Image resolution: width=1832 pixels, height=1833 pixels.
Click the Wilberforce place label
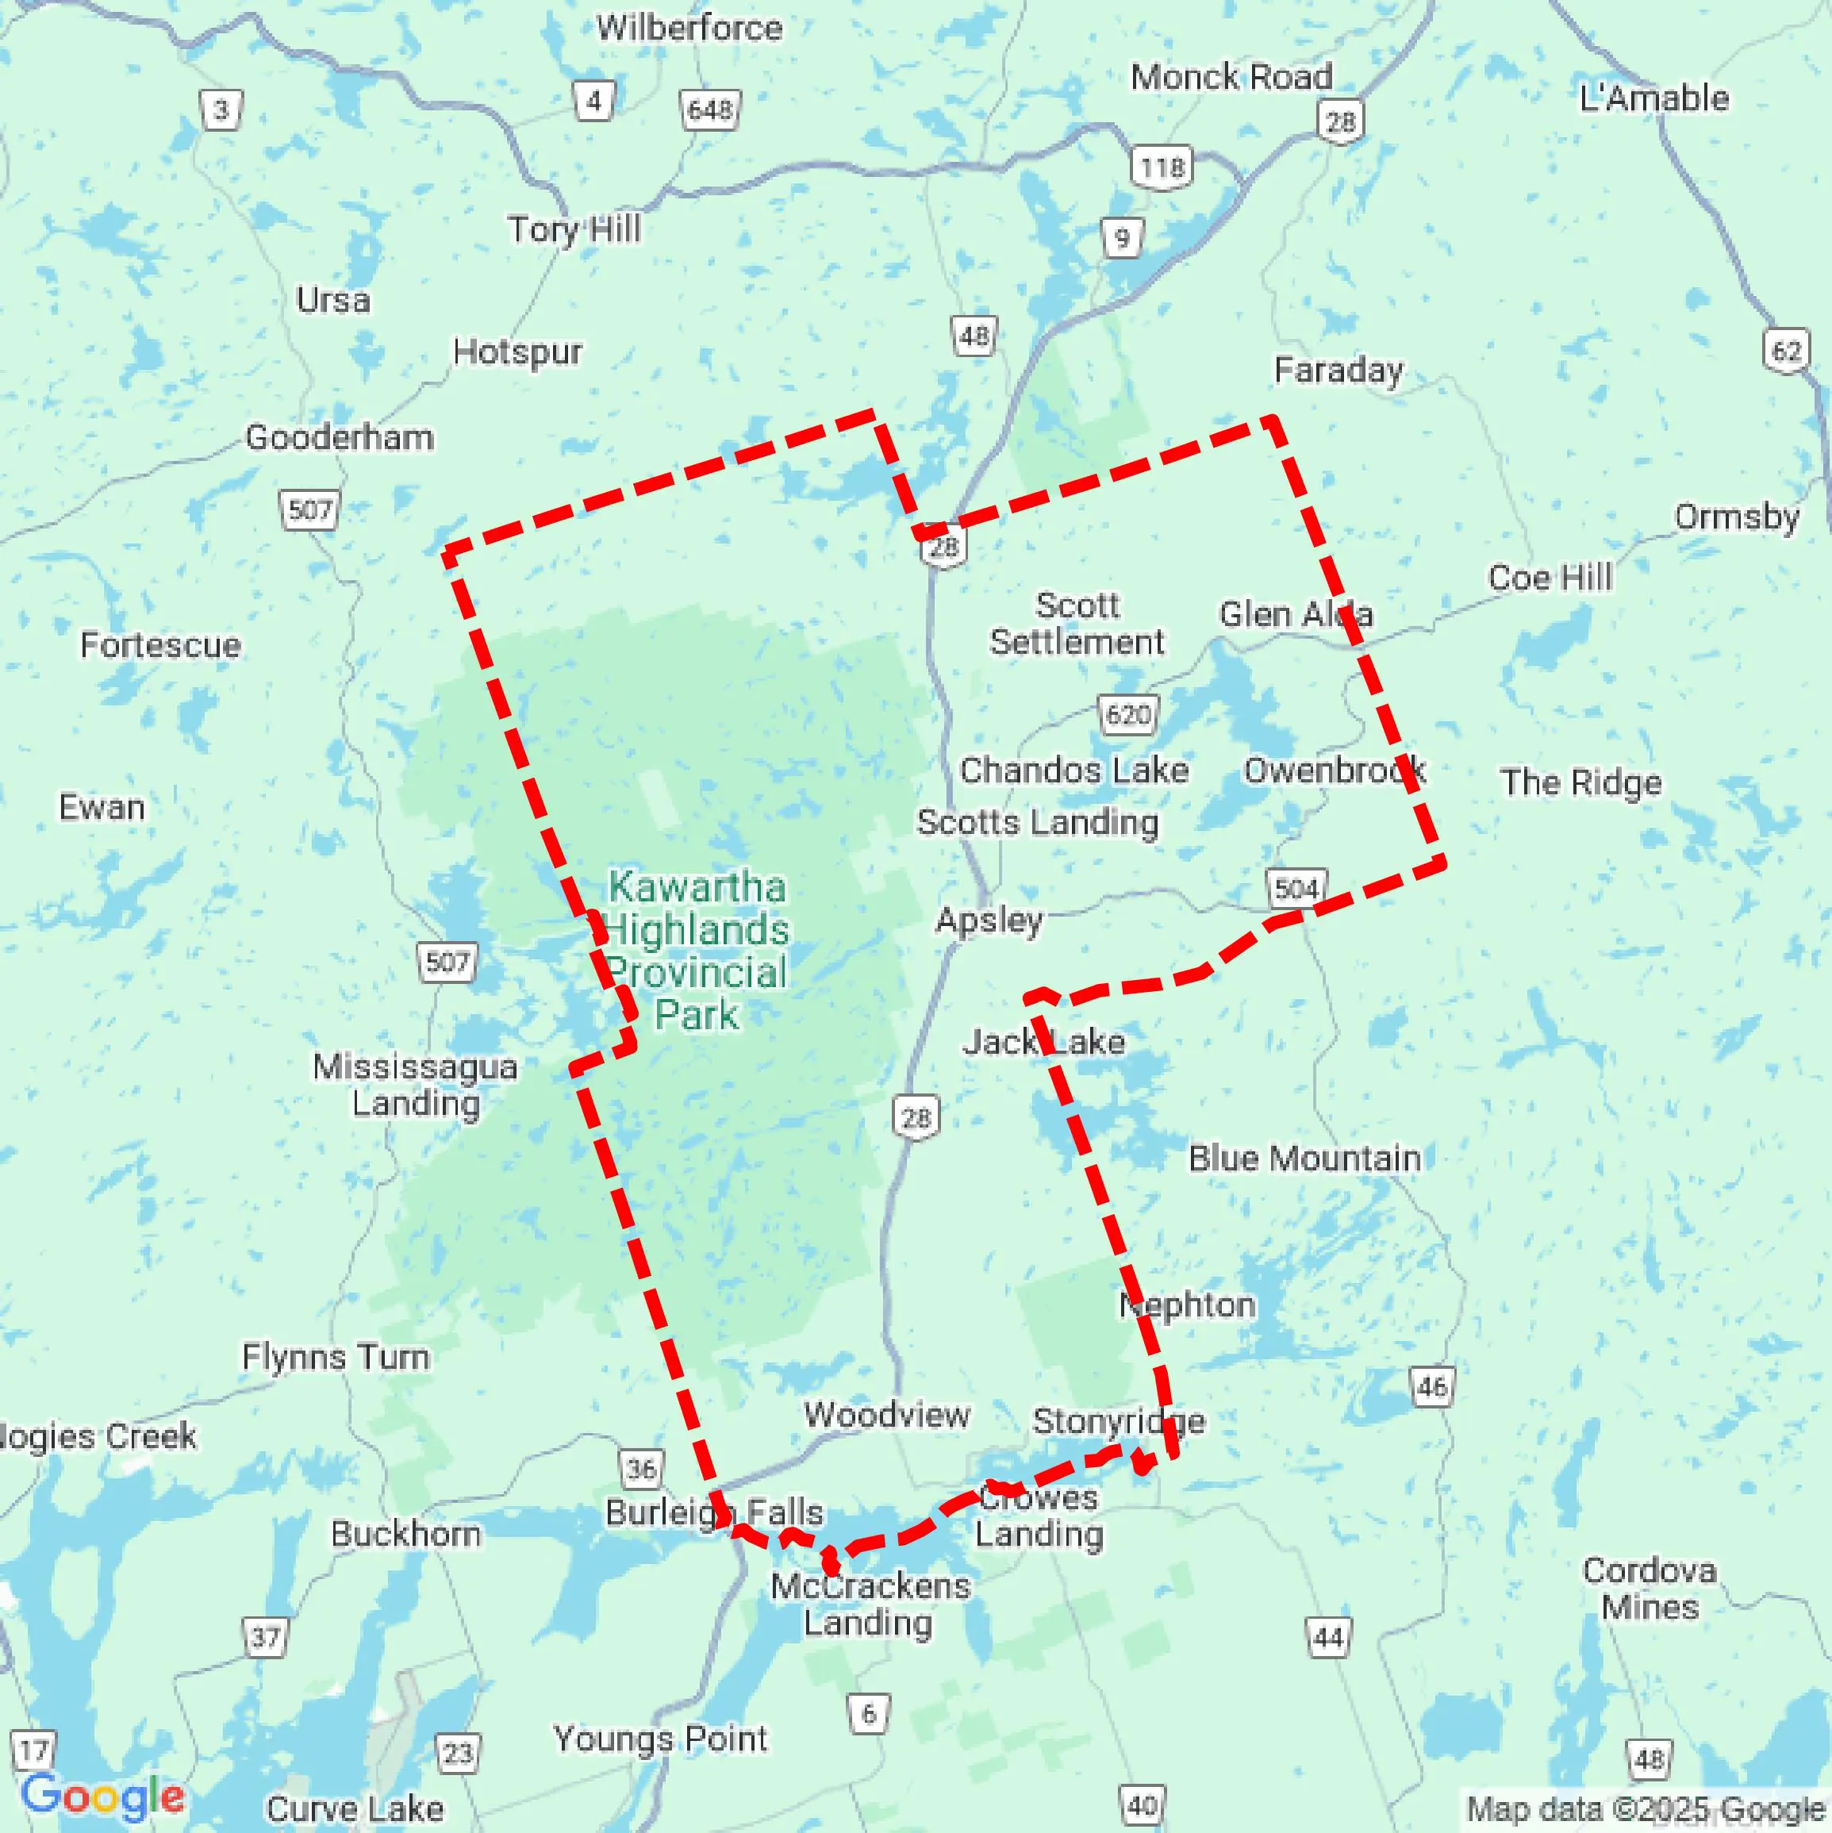pyautogui.click(x=689, y=28)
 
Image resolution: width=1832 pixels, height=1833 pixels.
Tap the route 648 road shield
pyautogui.click(x=709, y=111)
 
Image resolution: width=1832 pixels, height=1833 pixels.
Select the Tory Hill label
pyautogui.click(x=573, y=229)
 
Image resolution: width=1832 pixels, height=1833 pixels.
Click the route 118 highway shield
pyautogui.click(x=1162, y=168)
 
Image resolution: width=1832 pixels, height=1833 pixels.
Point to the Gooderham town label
pyautogui.click(x=340, y=437)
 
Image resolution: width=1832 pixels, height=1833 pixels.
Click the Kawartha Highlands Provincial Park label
pyautogui.click(x=697, y=951)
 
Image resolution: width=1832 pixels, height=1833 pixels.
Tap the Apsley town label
pyautogui.click(x=989, y=920)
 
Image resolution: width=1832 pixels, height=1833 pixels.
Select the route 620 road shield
pyautogui.click(x=1127, y=713)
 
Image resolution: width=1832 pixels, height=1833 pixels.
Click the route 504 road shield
pyautogui.click(x=1296, y=889)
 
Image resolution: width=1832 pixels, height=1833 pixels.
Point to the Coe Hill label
pyautogui.click(x=1550, y=577)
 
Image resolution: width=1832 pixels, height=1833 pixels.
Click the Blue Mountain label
pyautogui.click(x=1304, y=1159)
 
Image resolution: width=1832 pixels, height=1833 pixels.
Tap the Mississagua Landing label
pyautogui.click(x=416, y=1085)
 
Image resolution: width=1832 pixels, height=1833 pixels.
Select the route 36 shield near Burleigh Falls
pyautogui.click(x=640, y=1470)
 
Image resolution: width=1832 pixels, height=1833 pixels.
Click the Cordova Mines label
pyautogui.click(x=1649, y=1589)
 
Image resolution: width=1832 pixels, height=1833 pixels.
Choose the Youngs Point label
pyautogui.click(x=660, y=1738)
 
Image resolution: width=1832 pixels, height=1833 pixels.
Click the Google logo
pyautogui.click(x=102, y=1795)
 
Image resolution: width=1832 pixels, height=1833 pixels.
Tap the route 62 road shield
pyautogui.click(x=1787, y=351)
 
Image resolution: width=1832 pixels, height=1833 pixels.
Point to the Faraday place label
pyautogui.click(x=1338, y=370)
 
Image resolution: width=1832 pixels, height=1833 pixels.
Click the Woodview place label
pyautogui.click(x=886, y=1415)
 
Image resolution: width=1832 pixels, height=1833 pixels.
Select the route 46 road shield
pyautogui.click(x=1431, y=1387)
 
